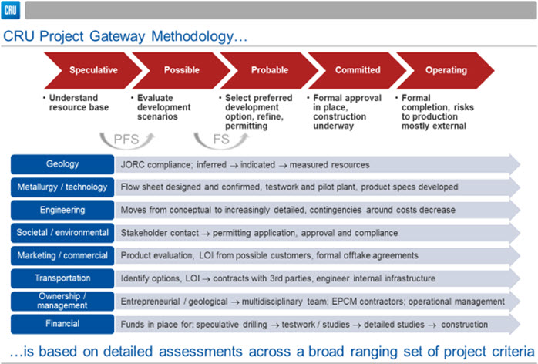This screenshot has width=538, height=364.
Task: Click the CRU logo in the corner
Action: (10, 10)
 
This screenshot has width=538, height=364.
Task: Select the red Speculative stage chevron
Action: (93, 70)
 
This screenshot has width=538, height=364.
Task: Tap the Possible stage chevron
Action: (181, 70)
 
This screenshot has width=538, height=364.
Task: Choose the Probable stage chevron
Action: (269, 70)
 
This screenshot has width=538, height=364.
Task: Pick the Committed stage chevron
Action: (358, 70)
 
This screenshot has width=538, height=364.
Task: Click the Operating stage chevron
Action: (446, 70)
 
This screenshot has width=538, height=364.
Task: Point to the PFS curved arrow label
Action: (126, 140)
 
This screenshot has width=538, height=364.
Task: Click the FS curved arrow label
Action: (221, 140)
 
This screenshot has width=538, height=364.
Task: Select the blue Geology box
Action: (62, 164)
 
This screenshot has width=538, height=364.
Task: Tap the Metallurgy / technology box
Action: (62, 187)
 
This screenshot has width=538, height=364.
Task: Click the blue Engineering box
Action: (62, 210)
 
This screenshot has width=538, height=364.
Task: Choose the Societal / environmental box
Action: (62, 233)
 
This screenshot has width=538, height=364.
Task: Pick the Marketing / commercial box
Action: (62, 255)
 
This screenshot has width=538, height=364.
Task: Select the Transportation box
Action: (62, 278)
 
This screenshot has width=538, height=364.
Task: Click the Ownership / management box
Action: (62, 302)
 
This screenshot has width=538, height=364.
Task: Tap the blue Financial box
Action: (62, 324)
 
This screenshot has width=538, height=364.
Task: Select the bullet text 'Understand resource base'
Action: (79, 103)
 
